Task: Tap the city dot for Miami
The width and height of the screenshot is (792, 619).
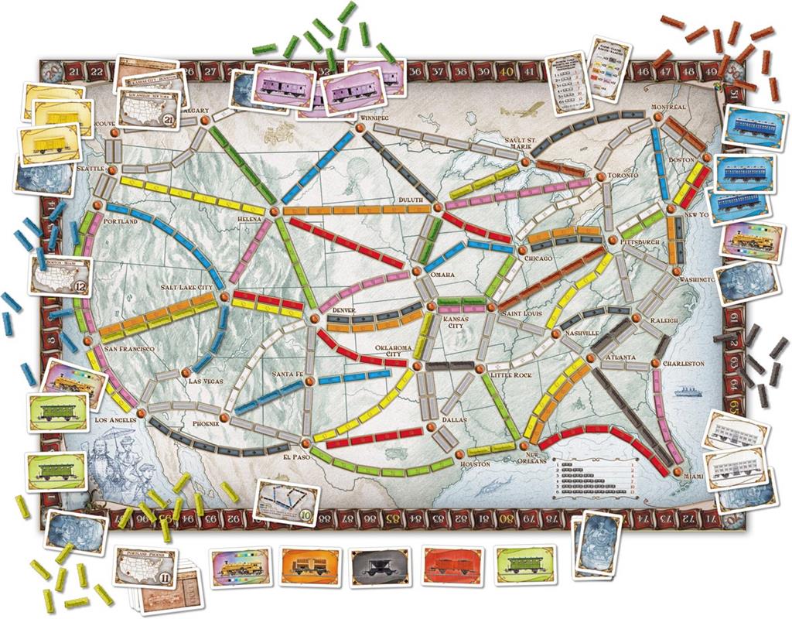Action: (678, 472)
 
